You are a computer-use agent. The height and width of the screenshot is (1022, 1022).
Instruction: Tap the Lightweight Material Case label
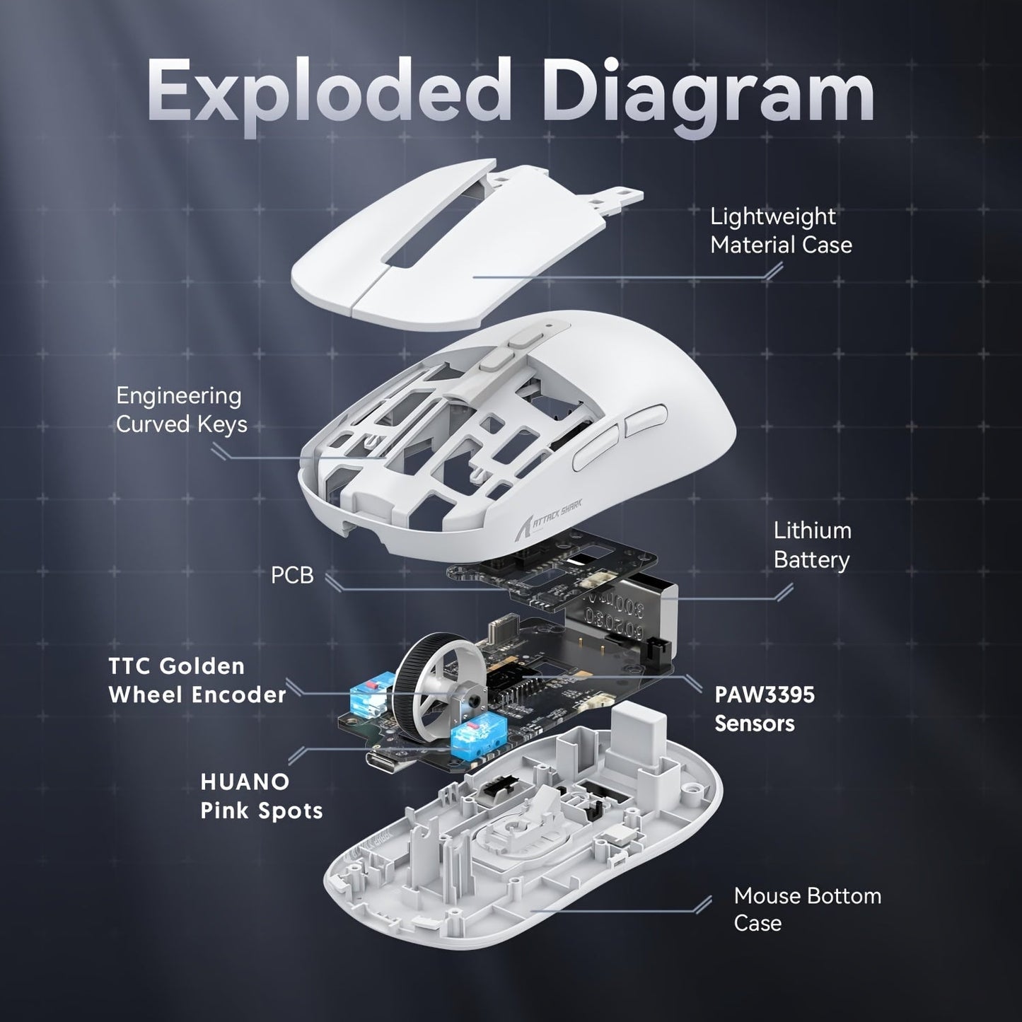(780, 231)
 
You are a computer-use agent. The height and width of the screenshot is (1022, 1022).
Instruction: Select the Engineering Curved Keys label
(181, 410)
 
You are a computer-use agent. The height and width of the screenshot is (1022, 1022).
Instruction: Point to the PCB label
(291, 575)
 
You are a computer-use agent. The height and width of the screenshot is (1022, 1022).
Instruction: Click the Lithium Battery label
(811, 545)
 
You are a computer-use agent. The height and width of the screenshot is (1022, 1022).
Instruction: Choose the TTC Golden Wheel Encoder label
(197, 680)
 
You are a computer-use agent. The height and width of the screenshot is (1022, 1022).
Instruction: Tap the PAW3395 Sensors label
(764, 709)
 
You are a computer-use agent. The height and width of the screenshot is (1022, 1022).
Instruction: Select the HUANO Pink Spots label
(261, 796)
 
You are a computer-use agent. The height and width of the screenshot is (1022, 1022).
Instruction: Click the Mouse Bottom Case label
(806, 909)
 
